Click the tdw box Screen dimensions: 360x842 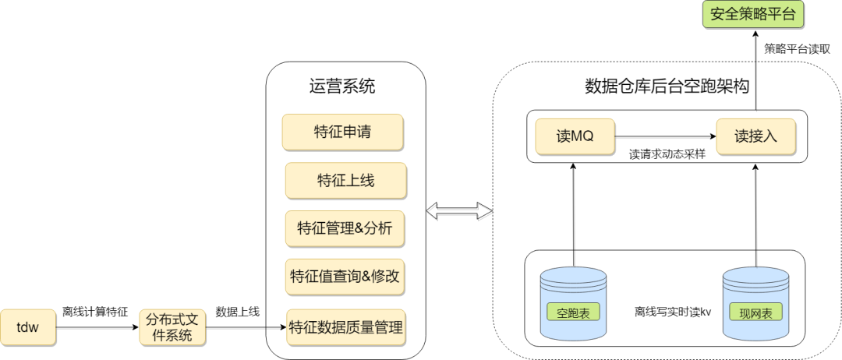point(29,327)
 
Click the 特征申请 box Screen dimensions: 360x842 point(343,132)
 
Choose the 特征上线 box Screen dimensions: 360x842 point(345,180)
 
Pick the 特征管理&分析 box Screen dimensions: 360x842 point(345,228)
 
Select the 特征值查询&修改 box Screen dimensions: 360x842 point(345,277)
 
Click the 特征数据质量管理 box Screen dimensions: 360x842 point(345,327)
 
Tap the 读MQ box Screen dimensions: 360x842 point(575,136)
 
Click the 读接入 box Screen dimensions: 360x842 point(755,136)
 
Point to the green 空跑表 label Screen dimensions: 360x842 point(573,313)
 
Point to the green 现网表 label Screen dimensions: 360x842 point(755,313)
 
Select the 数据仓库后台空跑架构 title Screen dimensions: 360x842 point(667,86)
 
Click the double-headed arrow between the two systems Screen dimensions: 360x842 point(459,210)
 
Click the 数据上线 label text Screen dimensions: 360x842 point(238,312)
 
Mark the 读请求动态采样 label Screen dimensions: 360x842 point(667,154)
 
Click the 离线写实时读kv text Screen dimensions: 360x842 point(672,312)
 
